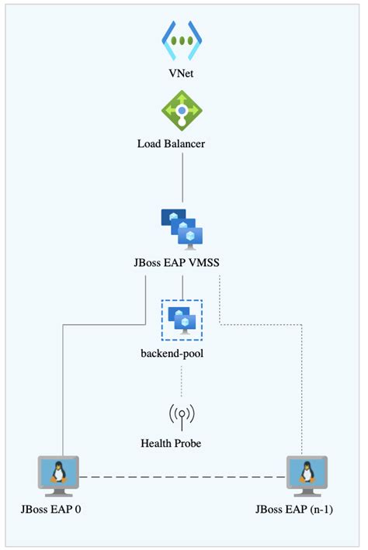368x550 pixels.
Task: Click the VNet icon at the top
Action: pos(182,41)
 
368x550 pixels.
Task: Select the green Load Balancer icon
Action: pos(182,111)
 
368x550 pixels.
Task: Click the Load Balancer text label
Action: pos(182,144)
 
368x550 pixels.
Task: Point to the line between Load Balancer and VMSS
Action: pos(182,178)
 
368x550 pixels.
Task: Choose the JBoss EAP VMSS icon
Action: pos(182,227)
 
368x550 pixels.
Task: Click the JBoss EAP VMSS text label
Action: pos(182,261)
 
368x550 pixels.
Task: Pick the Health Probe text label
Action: pos(182,444)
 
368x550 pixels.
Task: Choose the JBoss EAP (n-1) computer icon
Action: pos(304,476)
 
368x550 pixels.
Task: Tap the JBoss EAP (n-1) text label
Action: pos(304,510)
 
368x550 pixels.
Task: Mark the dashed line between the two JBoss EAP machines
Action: pos(182,476)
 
